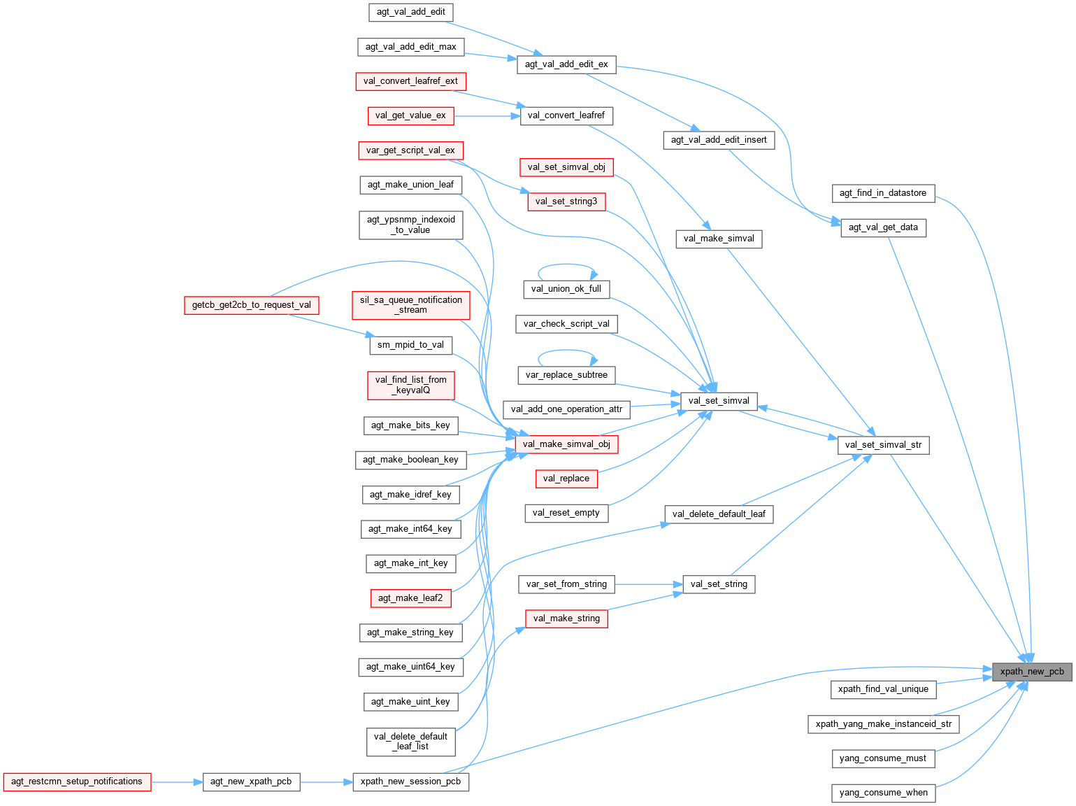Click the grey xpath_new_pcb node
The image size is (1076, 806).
click(1032, 672)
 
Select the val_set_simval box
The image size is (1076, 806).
click(719, 402)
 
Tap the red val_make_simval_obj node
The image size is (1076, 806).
click(566, 444)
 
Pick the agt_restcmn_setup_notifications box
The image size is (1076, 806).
click(77, 782)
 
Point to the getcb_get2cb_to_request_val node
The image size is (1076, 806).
click(252, 305)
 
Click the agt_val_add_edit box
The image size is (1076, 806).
click(411, 12)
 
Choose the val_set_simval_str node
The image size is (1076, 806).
click(883, 445)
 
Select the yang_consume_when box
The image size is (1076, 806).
click(883, 793)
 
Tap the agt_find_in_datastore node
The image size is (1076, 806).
click(883, 193)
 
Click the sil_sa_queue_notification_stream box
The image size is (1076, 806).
click(411, 305)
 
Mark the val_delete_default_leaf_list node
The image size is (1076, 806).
click(411, 742)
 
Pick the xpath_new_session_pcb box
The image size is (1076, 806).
click(411, 782)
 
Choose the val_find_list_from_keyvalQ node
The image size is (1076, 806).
click(411, 385)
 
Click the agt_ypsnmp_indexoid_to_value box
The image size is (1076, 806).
click(411, 225)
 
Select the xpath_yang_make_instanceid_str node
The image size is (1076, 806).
click(883, 724)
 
